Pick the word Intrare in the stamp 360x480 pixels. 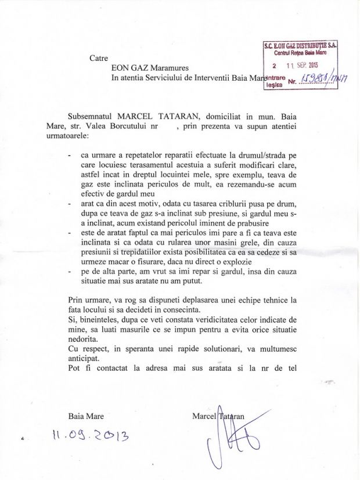pyautogui.click(x=274, y=77)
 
